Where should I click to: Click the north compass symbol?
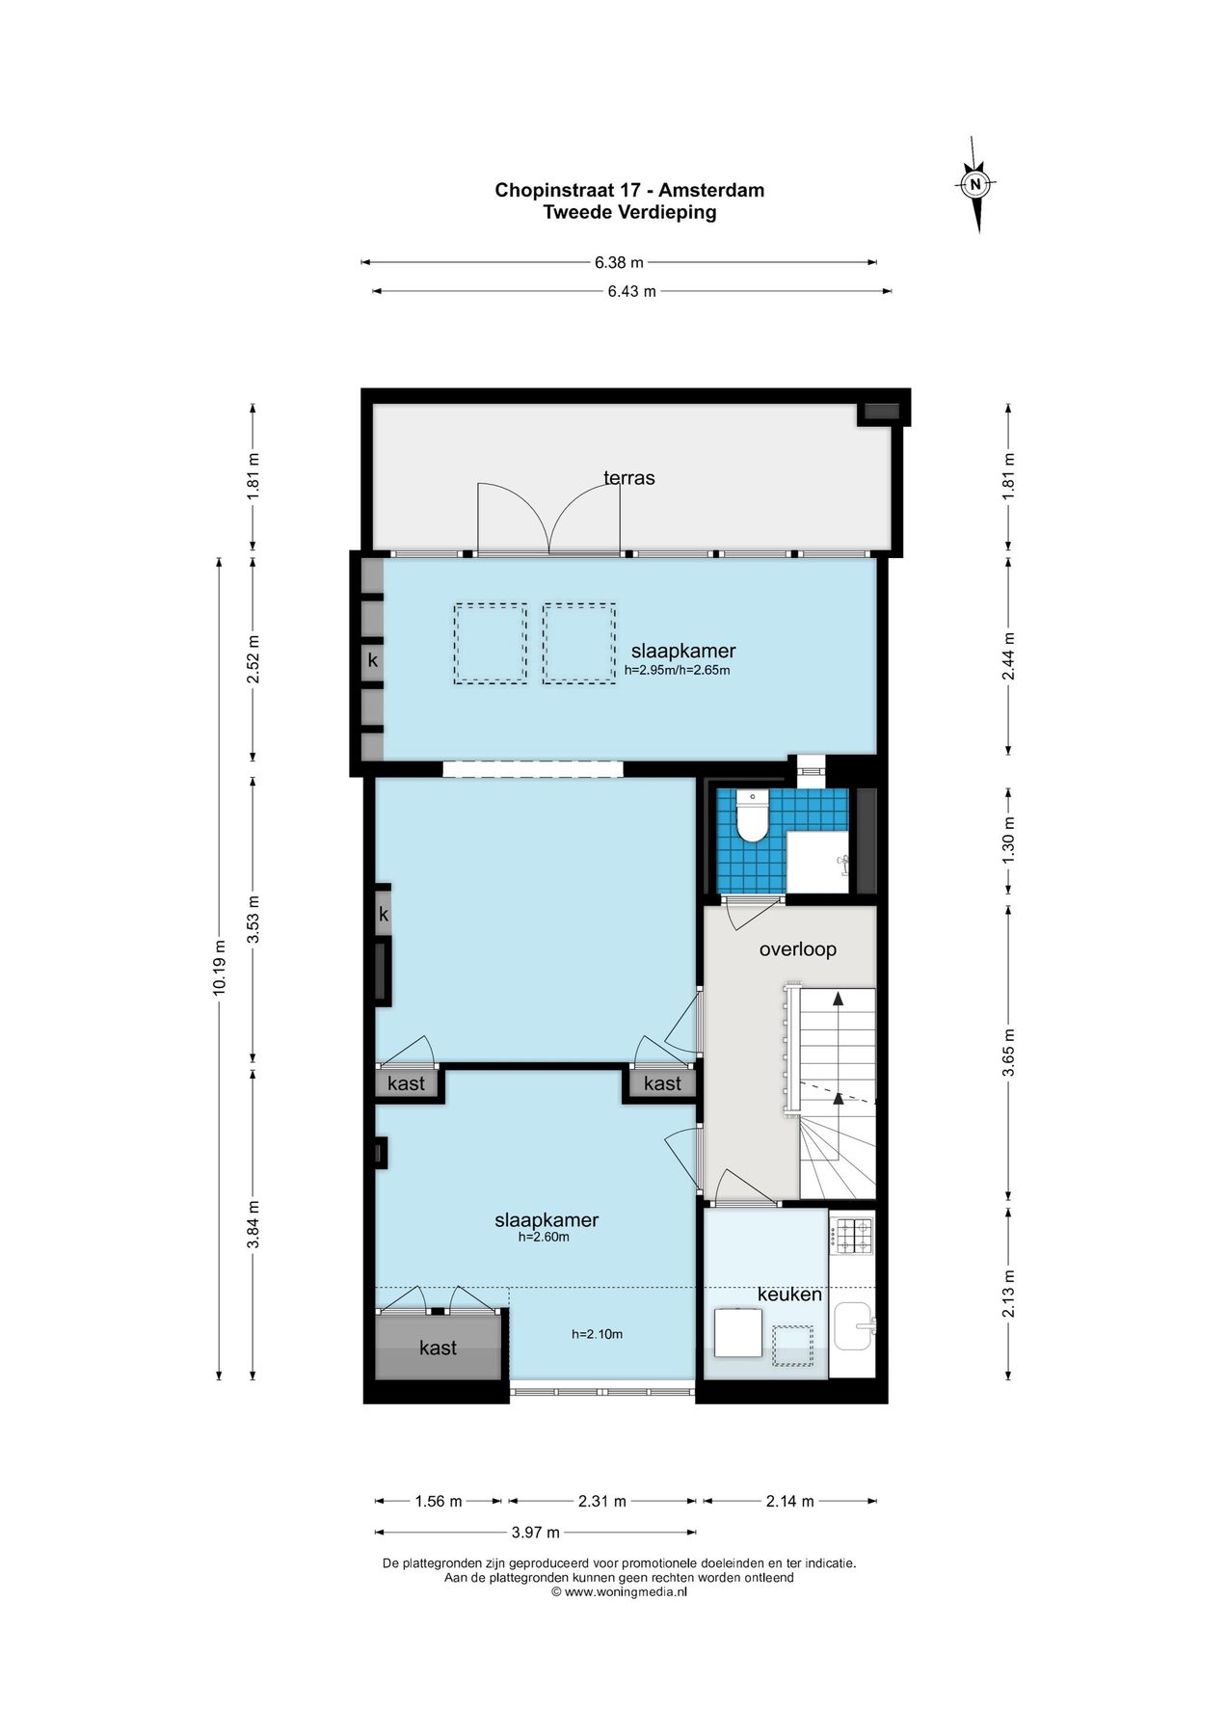(975, 184)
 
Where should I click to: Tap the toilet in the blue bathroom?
(751, 815)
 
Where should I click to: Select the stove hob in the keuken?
(852, 1235)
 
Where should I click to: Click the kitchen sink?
(855, 1325)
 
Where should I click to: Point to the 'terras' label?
(629, 478)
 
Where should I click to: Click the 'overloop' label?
(798, 949)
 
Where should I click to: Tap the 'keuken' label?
(789, 1295)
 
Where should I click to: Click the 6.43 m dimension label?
(631, 291)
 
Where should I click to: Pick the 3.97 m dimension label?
(535, 1532)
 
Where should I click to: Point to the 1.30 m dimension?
(1009, 841)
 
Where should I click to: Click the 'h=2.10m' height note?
(598, 1334)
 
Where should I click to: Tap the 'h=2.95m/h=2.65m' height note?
(678, 670)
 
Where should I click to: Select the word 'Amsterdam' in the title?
(711, 190)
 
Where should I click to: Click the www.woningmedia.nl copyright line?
(619, 1592)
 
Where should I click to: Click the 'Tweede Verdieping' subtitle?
(629, 212)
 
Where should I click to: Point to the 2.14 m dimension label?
(790, 1501)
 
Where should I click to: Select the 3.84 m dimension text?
(253, 1224)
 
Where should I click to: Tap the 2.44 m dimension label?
(1009, 655)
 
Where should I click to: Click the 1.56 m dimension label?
(439, 1501)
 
